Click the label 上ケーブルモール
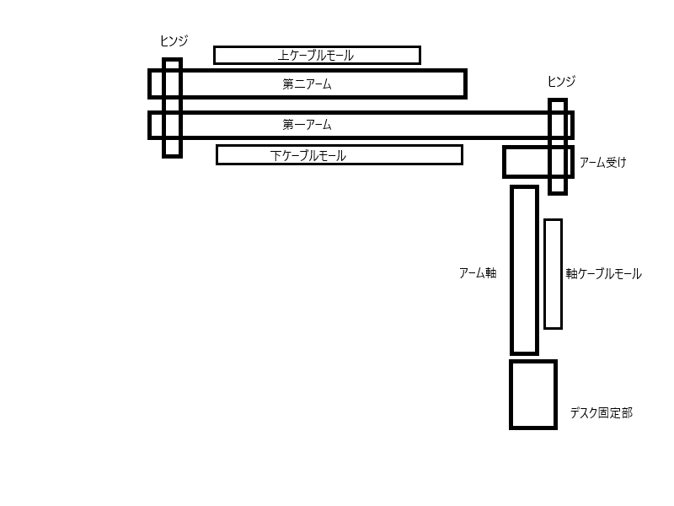(315, 56)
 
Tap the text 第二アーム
(308, 83)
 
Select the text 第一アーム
(308, 125)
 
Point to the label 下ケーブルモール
(308, 155)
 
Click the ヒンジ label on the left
(174, 40)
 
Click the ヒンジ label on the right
(561, 81)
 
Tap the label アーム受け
(603, 163)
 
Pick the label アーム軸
(478, 272)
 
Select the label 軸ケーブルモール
(603, 274)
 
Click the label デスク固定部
(601, 412)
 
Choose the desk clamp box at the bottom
(533, 395)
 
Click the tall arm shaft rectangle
(524, 270)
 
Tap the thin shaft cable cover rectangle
(553, 274)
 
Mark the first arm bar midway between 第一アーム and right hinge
(442, 125)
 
